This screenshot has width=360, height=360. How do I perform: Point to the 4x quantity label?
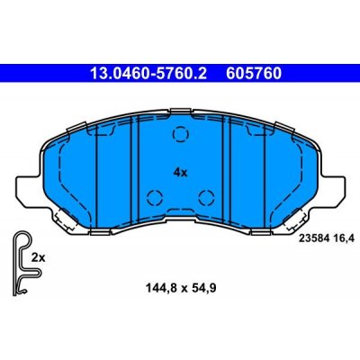pos(180,170)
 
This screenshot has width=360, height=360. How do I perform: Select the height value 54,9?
pos(200,290)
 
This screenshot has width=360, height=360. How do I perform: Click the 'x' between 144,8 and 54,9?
pos(180,290)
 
